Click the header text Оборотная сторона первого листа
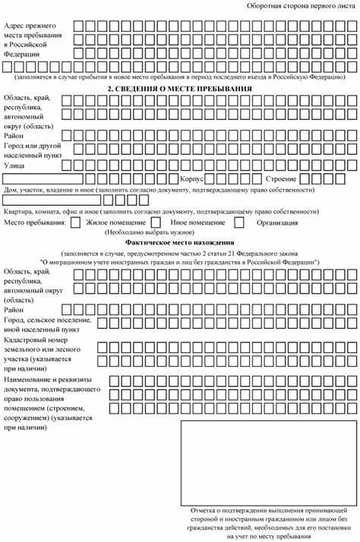point(301,6)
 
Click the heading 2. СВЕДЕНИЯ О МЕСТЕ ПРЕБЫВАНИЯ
point(179,88)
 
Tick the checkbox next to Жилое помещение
point(77,223)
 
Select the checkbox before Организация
point(239,223)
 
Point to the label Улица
point(14,164)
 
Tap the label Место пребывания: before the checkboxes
point(34,223)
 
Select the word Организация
point(277,223)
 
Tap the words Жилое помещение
point(115,223)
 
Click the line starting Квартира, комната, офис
point(159,210)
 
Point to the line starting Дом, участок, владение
point(159,189)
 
